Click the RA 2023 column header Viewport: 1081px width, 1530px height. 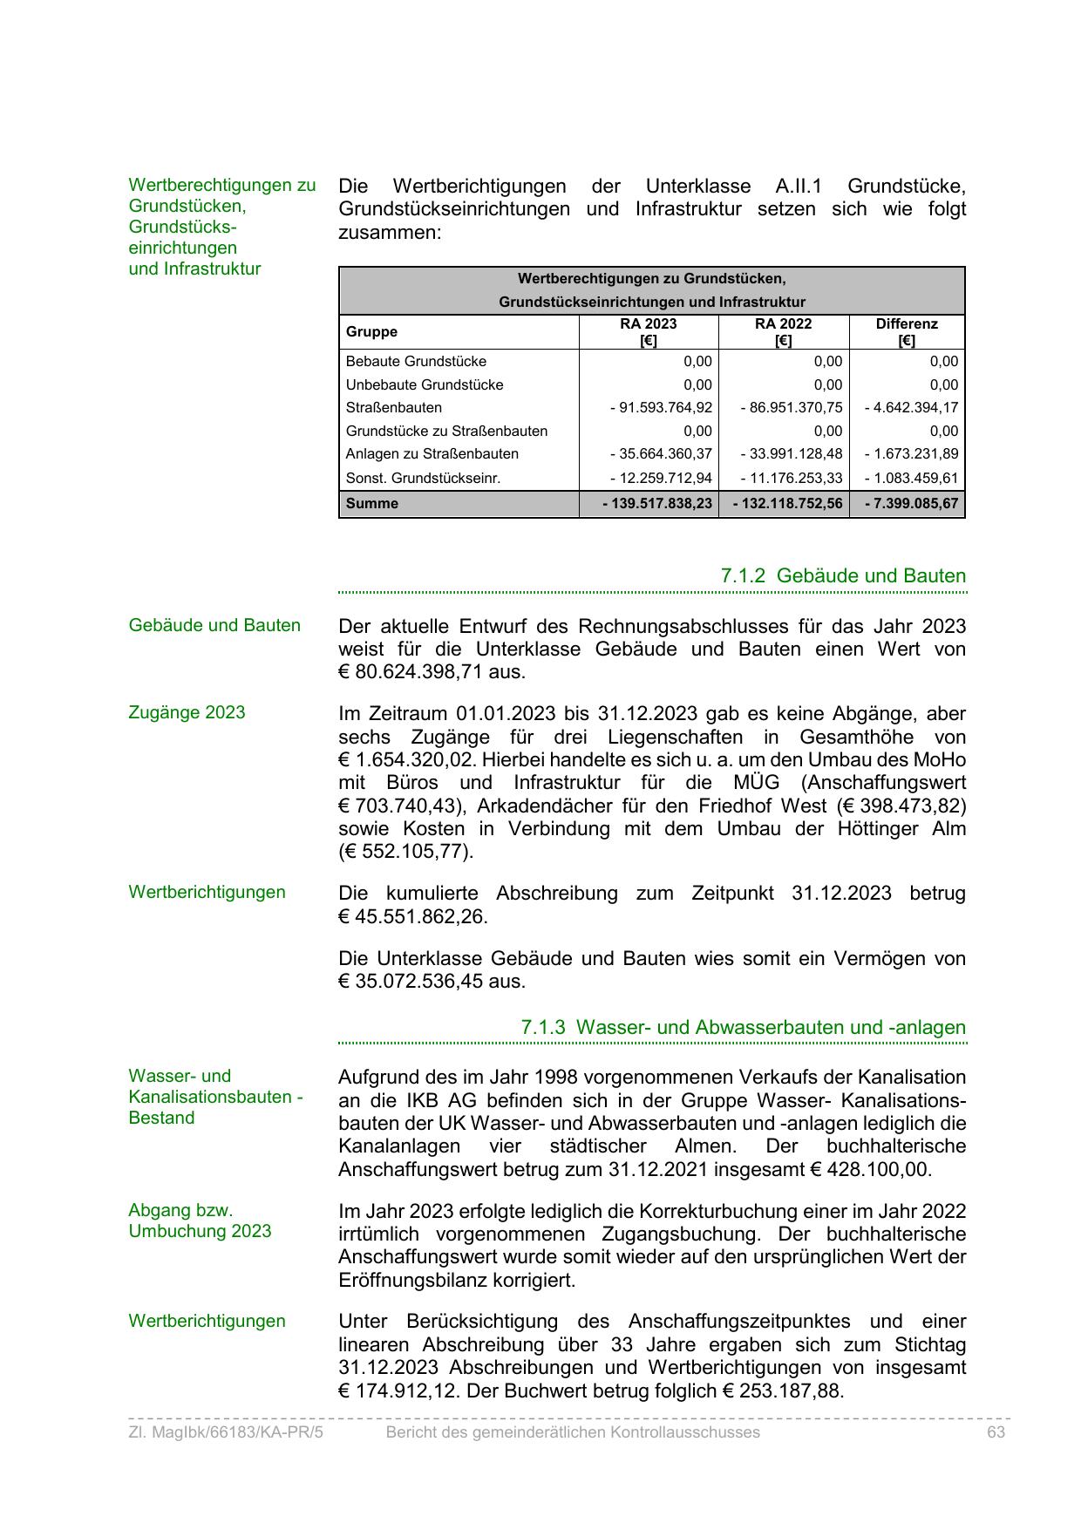(x=648, y=331)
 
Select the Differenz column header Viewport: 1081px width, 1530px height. (x=907, y=331)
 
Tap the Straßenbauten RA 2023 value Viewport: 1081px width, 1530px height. (x=661, y=408)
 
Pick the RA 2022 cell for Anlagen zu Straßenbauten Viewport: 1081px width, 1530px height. (x=792, y=454)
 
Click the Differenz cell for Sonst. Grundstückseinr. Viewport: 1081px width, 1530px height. (x=911, y=478)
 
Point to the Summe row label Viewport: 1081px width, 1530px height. (x=372, y=504)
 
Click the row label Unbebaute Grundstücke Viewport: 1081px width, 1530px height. (x=425, y=385)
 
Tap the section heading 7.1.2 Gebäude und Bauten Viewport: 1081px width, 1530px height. (x=843, y=576)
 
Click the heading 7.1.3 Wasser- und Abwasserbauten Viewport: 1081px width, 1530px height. (x=743, y=1028)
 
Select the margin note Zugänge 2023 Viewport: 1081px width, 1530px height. (x=187, y=713)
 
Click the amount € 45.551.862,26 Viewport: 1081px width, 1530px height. (x=413, y=917)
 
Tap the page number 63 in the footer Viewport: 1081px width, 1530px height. (x=996, y=1432)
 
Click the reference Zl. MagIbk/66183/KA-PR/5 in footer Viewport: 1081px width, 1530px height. (x=226, y=1432)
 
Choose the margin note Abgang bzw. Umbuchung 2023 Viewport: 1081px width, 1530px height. (x=200, y=1221)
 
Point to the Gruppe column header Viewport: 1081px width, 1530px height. (x=371, y=332)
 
